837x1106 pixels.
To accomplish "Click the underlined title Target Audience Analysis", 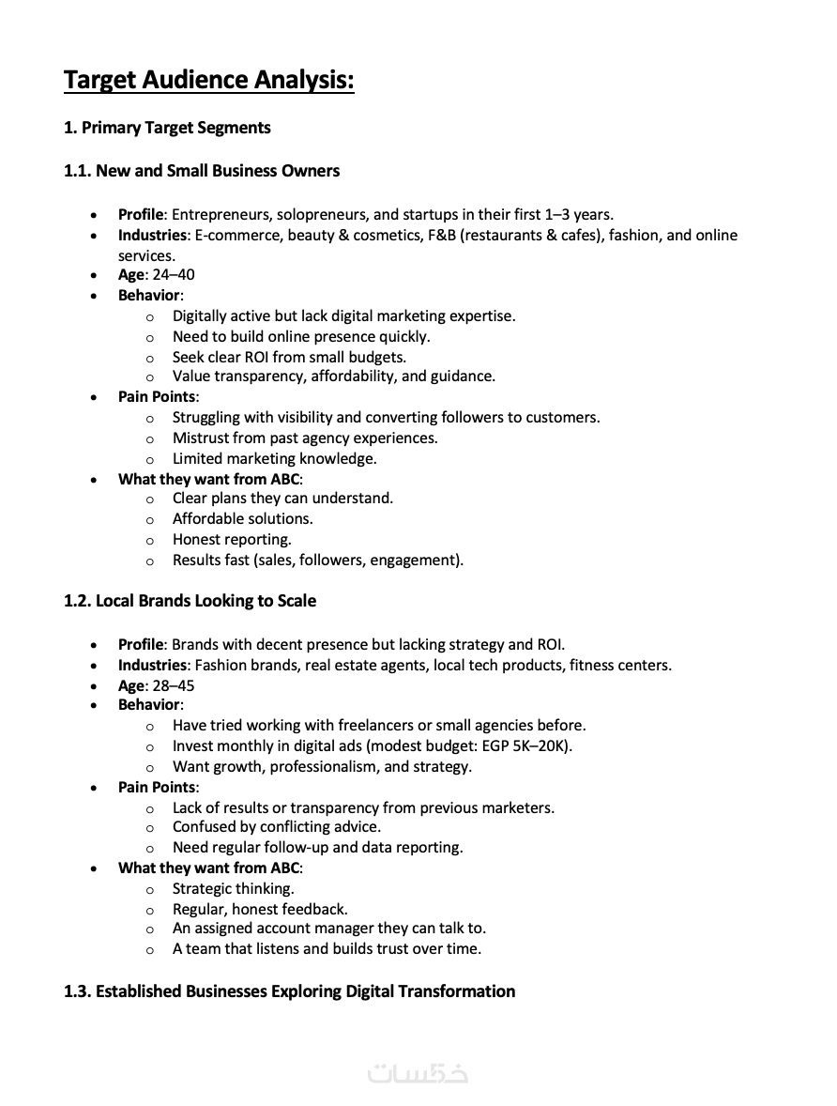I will click(x=208, y=81).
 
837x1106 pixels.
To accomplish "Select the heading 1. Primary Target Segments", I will click(x=167, y=128).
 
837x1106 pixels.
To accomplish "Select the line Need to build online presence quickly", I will click(x=301, y=336).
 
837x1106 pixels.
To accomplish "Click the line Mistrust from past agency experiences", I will click(x=305, y=438).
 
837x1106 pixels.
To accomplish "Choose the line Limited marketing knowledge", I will click(x=274, y=458).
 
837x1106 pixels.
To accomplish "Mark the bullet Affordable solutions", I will click(x=242, y=518).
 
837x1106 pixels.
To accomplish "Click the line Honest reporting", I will click(x=232, y=539).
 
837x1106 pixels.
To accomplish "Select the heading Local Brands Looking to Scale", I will click(x=205, y=601).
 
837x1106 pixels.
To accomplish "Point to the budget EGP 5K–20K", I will click(x=520, y=745).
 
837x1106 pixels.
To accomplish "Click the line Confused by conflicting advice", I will click(x=276, y=827).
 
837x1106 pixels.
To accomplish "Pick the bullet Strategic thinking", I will click(x=233, y=888).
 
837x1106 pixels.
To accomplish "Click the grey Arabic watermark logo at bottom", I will click(x=418, y=1073).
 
